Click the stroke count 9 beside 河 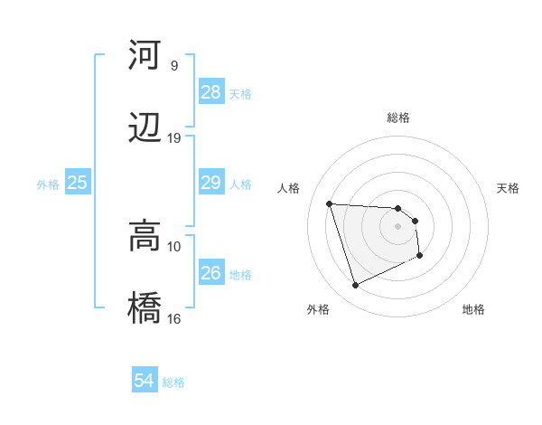point(173,66)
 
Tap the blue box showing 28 point(211,92)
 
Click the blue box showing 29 point(211,184)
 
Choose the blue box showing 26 point(211,273)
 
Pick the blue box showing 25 point(77,184)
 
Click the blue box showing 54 point(145,382)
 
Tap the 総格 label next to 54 point(173,382)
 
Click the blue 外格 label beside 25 point(48,184)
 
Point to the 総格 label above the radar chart point(398,118)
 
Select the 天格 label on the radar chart point(508,188)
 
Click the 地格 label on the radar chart point(473,309)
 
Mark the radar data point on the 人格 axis point(330,203)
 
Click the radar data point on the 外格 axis point(356,286)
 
